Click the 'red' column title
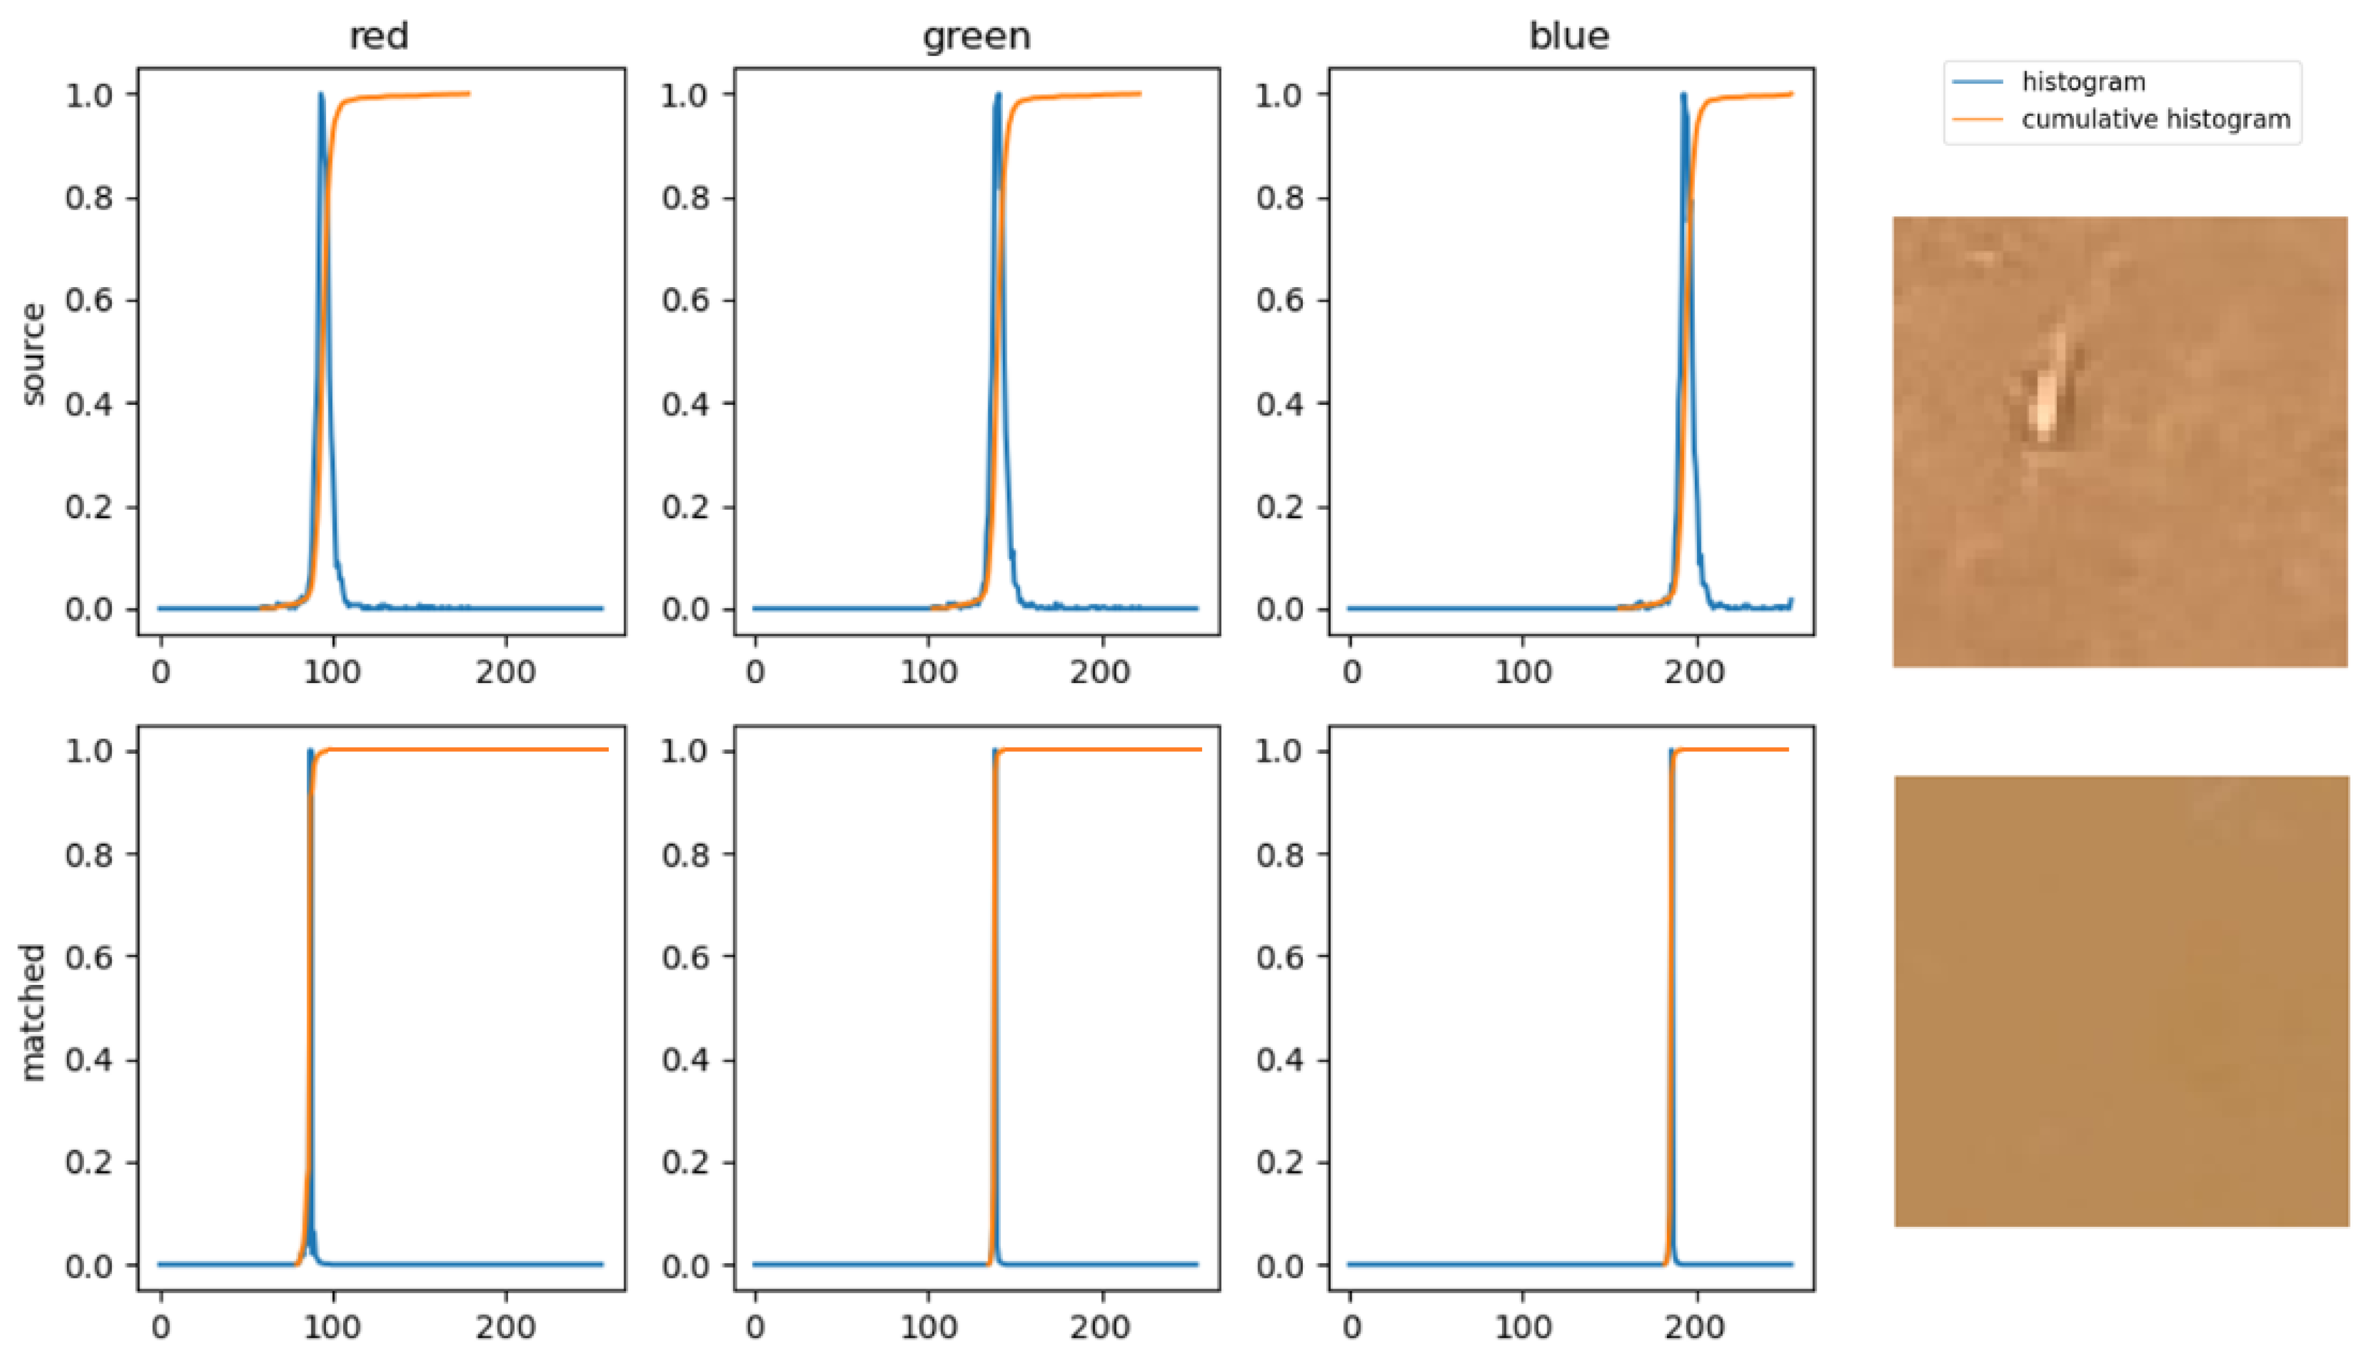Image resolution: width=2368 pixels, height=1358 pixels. pyautogui.click(x=379, y=36)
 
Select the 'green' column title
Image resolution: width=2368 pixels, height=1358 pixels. pyautogui.click(x=977, y=36)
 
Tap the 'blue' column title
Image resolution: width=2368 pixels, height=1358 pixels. pyautogui.click(x=1569, y=36)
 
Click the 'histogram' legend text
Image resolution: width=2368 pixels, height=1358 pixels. pyautogui.click(x=2083, y=82)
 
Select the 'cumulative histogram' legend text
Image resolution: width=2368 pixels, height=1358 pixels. pyautogui.click(x=2155, y=120)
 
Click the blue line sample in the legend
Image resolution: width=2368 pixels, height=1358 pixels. pyautogui.click(x=1977, y=82)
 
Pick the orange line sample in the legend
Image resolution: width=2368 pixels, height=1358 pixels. pyautogui.click(x=1977, y=120)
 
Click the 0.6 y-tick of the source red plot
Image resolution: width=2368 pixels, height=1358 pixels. pyautogui.click(x=90, y=301)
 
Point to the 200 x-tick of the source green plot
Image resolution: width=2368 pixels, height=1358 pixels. pyautogui.click(x=1100, y=672)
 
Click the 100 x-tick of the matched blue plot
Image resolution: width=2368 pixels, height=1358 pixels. pyautogui.click(x=1523, y=1327)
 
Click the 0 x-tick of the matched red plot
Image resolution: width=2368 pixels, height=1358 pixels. pyautogui.click(x=160, y=1327)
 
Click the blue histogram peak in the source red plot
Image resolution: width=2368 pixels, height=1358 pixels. pyautogui.click(x=321, y=95)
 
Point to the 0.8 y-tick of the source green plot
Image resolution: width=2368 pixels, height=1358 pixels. pyautogui.click(x=686, y=198)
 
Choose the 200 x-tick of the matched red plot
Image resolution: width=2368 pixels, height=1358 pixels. pyautogui.click(x=506, y=1327)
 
